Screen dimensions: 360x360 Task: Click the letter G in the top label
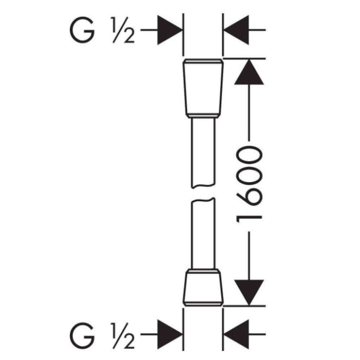[82, 30]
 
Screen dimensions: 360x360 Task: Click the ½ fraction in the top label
[123, 30]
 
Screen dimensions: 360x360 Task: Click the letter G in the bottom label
[82, 334]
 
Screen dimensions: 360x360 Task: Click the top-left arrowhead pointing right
[170, 30]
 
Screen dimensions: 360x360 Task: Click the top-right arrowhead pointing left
[236, 30]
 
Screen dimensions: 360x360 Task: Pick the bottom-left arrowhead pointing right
[170, 334]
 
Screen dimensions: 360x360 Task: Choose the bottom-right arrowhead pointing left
[236, 334]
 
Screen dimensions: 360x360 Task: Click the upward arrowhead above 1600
[249, 72]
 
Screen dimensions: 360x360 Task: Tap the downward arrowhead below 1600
[249, 293]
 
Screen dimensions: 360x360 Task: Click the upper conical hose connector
[203, 89]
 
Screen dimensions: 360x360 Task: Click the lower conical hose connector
[203, 287]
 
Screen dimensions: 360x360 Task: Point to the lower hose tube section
[203, 233]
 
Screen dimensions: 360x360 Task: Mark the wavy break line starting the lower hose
[203, 200]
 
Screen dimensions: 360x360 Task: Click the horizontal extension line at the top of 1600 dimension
[244, 59]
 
